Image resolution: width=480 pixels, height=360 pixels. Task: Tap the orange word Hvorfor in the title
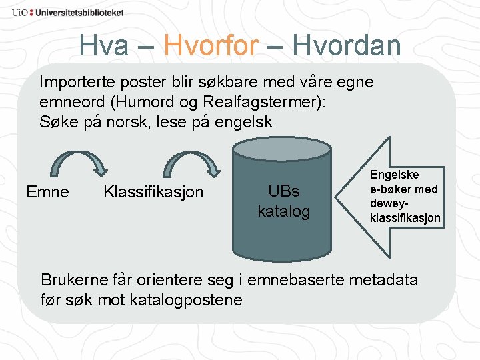point(211,46)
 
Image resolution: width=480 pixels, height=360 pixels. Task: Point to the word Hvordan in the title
point(347,46)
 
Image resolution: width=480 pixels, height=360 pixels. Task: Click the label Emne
point(47,193)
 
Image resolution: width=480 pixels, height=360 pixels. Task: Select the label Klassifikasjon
point(153,193)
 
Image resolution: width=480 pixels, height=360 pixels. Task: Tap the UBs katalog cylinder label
point(284,201)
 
